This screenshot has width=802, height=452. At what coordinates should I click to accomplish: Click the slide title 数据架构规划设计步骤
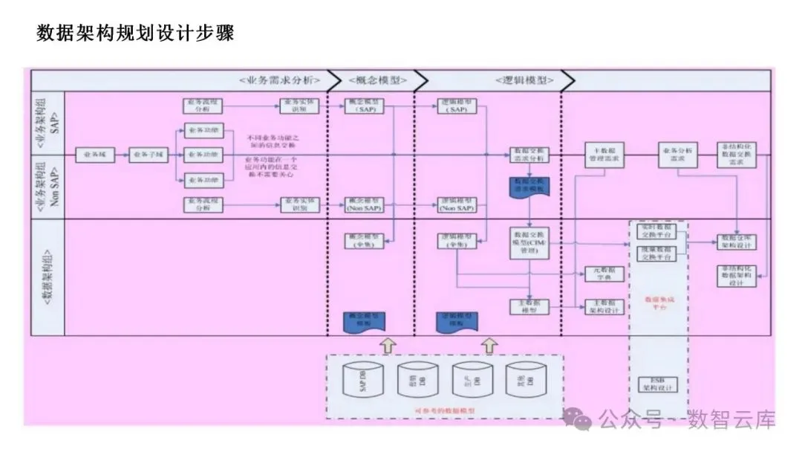[x=135, y=33]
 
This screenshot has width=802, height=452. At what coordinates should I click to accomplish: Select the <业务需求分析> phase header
[x=279, y=80]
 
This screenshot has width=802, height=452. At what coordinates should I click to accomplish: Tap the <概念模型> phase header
[x=369, y=80]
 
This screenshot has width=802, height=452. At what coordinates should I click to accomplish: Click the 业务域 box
[x=94, y=155]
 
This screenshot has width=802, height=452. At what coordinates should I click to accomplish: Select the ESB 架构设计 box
[x=657, y=384]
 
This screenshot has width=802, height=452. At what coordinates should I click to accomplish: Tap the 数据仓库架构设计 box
[x=736, y=241]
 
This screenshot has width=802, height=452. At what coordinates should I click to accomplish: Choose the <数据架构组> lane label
[x=48, y=275]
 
